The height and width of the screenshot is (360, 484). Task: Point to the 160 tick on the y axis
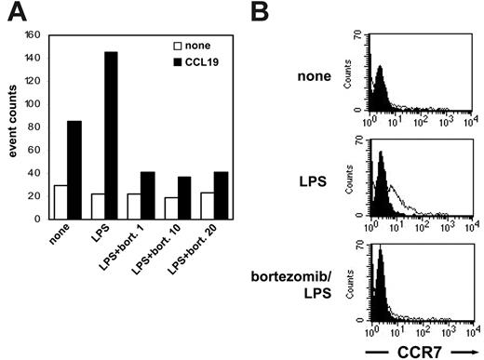(34, 36)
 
